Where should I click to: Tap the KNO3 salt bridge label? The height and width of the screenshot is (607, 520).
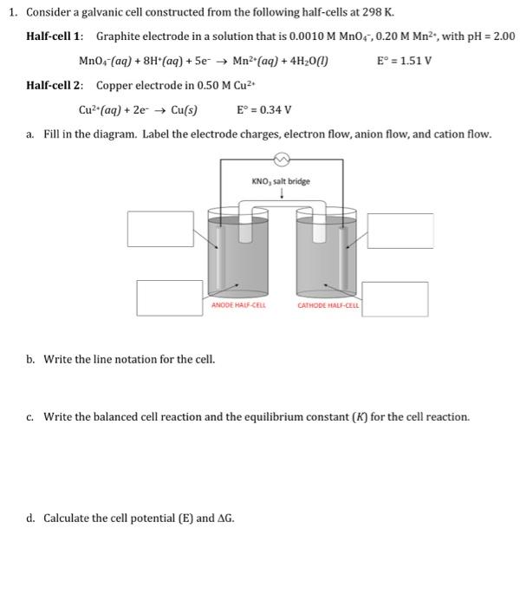pyautogui.click(x=280, y=181)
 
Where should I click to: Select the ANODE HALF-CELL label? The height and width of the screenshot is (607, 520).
pyautogui.click(x=238, y=304)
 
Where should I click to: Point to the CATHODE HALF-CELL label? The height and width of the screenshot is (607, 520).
pyautogui.click(x=328, y=304)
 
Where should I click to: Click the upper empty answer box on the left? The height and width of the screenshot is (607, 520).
pyautogui.click(x=160, y=228)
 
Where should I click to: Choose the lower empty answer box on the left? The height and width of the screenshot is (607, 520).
pyautogui.click(x=170, y=297)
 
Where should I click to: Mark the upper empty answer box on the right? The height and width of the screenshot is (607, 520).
pyautogui.click(x=400, y=229)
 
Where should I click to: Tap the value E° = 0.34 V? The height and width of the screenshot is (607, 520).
pyautogui.click(x=263, y=110)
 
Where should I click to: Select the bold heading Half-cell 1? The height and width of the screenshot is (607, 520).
pyautogui.click(x=55, y=37)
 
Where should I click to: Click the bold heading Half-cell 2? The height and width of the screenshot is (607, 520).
pyautogui.click(x=55, y=86)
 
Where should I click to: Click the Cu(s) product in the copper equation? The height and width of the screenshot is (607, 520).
pyautogui.click(x=185, y=110)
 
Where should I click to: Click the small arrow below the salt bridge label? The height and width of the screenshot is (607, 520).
pyautogui.click(x=280, y=194)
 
